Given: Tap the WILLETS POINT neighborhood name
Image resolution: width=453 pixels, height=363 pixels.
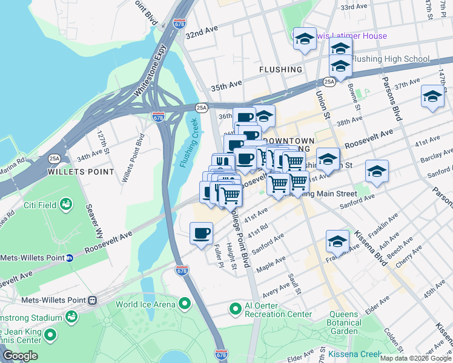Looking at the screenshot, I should coord(81,172).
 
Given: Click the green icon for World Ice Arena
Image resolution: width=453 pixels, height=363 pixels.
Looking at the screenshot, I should coord(184,303).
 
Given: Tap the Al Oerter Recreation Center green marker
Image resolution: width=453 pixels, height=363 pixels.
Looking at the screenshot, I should coord(236,309).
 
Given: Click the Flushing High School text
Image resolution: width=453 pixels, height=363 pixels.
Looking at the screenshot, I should coord(390,59).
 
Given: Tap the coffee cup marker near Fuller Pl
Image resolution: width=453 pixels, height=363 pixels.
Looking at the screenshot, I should coord(201,233).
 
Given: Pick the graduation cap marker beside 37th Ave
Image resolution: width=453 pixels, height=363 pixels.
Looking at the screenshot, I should coord(432,97).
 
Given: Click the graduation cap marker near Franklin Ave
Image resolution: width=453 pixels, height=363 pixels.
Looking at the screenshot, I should coord(337,241).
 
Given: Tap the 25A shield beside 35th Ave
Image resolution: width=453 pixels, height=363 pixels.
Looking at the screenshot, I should coord(329,81).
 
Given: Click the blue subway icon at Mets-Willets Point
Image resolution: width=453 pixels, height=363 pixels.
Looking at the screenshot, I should coord(70,257).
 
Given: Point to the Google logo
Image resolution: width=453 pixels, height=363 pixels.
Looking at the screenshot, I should coord(20,356).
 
